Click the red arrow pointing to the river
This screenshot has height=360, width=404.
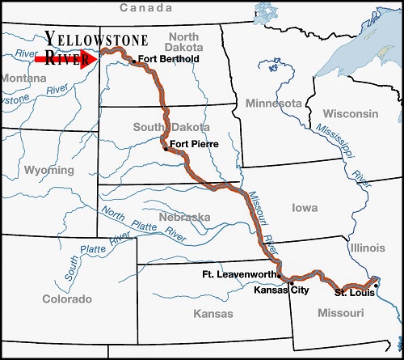[65, 58]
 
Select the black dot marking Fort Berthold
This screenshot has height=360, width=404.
[133, 60]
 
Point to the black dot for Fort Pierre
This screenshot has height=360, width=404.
[165, 149]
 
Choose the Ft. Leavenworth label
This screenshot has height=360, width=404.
[238, 275]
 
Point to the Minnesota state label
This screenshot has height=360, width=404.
[274, 104]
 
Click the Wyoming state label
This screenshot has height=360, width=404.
[48, 171]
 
